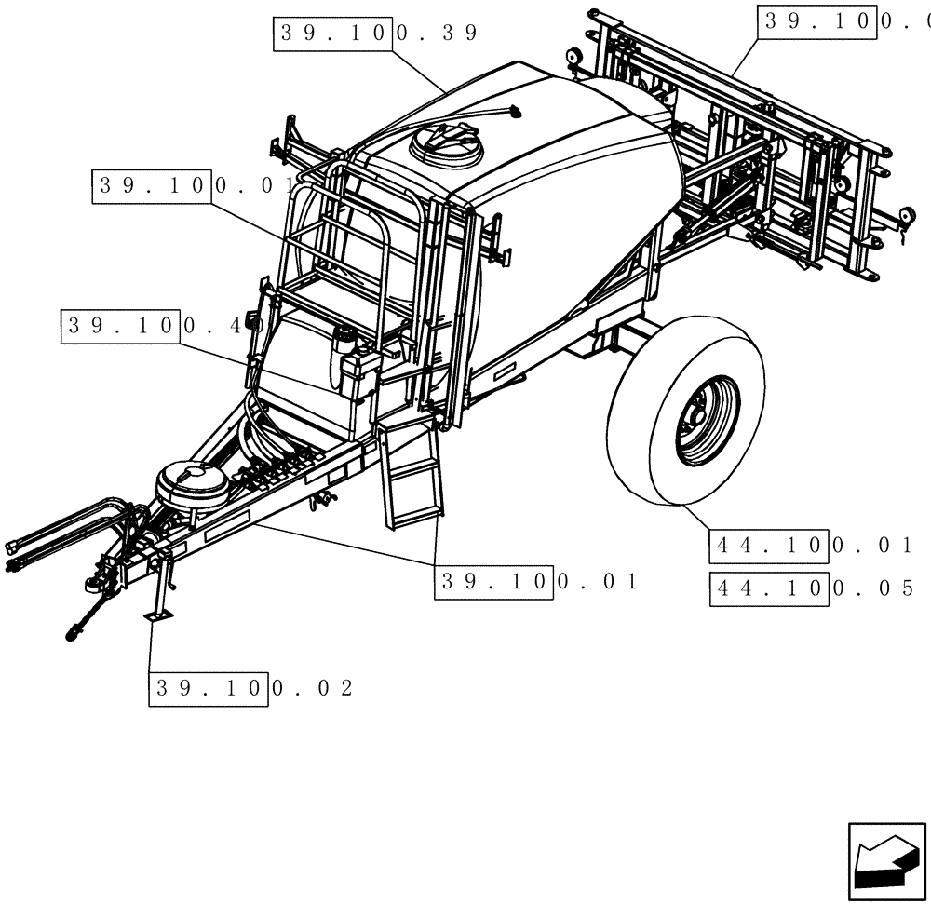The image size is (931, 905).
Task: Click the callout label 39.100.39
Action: [376, 34]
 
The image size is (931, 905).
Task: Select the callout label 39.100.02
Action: [251, 688]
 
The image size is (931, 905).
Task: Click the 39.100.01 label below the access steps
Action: [538, 582]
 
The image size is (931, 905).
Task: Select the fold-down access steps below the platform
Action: [410, 475]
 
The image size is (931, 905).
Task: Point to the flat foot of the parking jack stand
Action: [157, 615]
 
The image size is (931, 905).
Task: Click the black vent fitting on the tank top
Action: [514, 113]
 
